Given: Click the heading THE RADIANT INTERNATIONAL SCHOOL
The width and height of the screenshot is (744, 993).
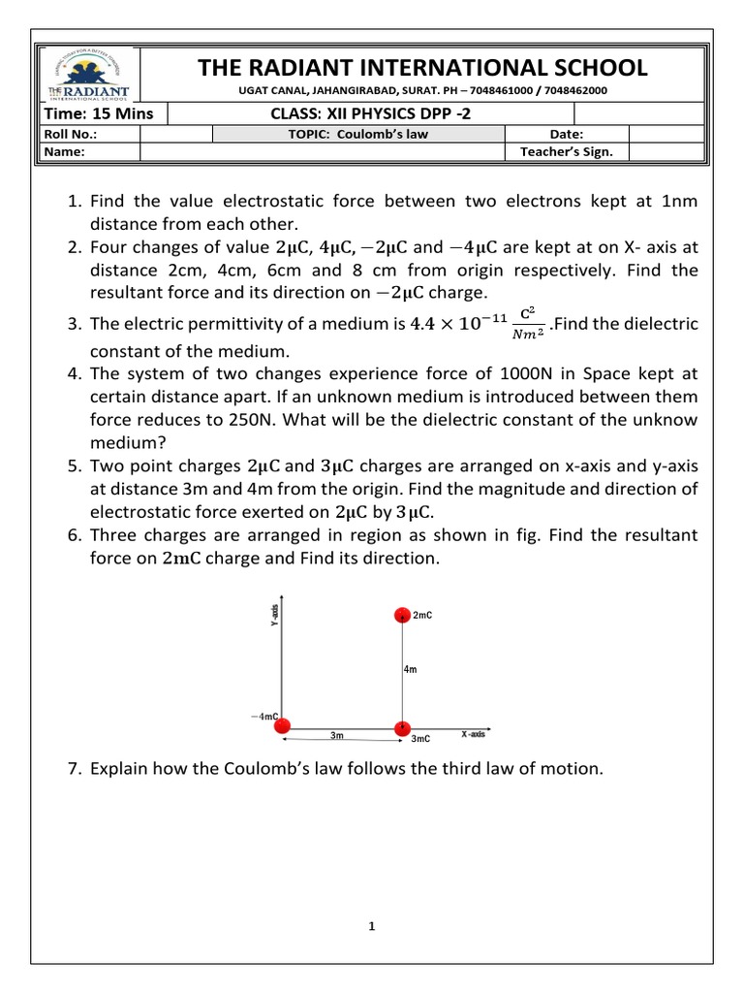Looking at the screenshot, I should click(421, 67).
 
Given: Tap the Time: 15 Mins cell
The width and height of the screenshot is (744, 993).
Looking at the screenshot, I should click(88, 114).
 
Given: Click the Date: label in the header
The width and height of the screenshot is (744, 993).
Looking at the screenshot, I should click(567, 135).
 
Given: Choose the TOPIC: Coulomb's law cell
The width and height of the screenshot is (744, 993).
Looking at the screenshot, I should click(357, 135).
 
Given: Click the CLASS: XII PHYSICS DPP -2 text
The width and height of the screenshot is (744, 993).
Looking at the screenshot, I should click(357, 114).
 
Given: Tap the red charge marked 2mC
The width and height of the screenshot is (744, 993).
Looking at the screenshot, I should click(401, 615).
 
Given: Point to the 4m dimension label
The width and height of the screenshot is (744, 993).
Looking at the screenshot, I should click(410, 669).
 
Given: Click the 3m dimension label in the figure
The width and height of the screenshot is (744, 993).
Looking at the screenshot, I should click(337, 736).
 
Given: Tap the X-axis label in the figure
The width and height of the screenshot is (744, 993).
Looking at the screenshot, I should click(474, 734).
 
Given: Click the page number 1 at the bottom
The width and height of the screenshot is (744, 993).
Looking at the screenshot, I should click(371, 926).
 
